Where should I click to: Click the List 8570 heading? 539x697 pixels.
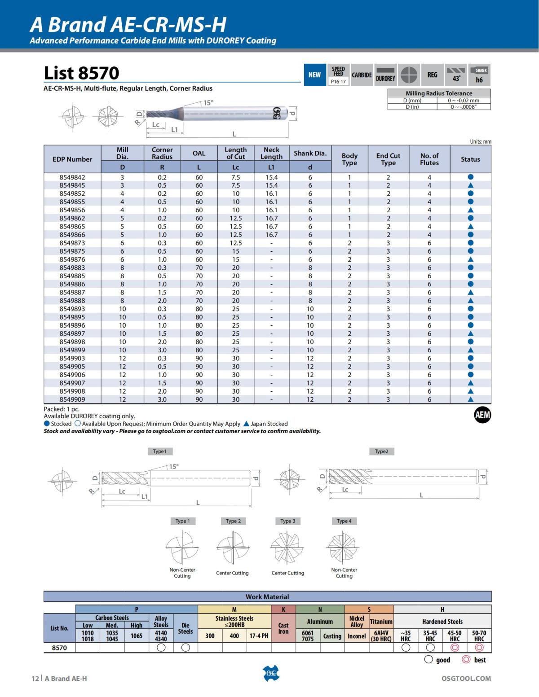point(81,73)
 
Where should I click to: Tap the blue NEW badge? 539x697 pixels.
point(314,75)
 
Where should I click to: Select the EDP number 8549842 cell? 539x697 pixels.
point(72,177)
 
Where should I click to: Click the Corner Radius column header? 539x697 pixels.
point(162,153)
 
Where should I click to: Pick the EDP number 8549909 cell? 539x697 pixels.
point(72,399)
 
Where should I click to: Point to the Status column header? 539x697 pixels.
point(470,159)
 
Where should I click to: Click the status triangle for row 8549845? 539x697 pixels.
point(470,185)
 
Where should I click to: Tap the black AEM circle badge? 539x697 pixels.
point(482,415)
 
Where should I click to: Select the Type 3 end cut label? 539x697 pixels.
point(288,521)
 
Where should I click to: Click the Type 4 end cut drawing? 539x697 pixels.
point(344,547)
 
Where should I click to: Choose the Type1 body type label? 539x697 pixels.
point(159,452)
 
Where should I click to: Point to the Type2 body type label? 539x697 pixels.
point(381,452)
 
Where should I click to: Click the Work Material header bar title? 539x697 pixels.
point(267,597)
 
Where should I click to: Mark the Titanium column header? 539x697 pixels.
point(381,622)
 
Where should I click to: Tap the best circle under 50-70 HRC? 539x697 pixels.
point(479,648)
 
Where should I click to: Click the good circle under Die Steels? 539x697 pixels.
point(186,648)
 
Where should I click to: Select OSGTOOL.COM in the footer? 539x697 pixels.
point(466,679)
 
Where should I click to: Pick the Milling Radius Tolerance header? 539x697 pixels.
point(439,93)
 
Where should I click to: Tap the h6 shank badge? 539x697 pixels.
point(479,75)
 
